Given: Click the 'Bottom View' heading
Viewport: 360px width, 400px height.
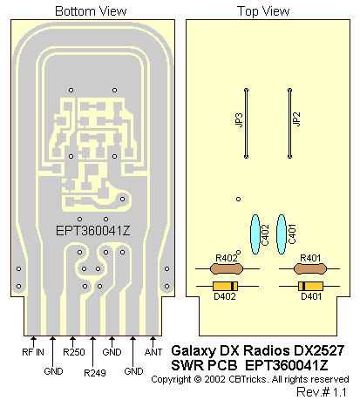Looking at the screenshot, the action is point(91,11).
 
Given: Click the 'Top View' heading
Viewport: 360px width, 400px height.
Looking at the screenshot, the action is point(263,11).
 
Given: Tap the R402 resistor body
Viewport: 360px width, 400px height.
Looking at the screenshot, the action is point(227,268).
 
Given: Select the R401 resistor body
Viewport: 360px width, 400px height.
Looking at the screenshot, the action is point(310,268).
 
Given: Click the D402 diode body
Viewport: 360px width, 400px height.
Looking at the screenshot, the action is point(225,286).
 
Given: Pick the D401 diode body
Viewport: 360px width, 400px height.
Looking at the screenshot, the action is point(310,286).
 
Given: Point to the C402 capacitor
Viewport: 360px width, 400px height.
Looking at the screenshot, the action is point(255,234).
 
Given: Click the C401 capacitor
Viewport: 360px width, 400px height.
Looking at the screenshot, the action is point(282,234).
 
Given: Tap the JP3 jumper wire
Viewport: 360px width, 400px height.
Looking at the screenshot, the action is point(246,124).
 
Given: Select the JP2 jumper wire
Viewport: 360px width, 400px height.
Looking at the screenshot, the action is point(289,124).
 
